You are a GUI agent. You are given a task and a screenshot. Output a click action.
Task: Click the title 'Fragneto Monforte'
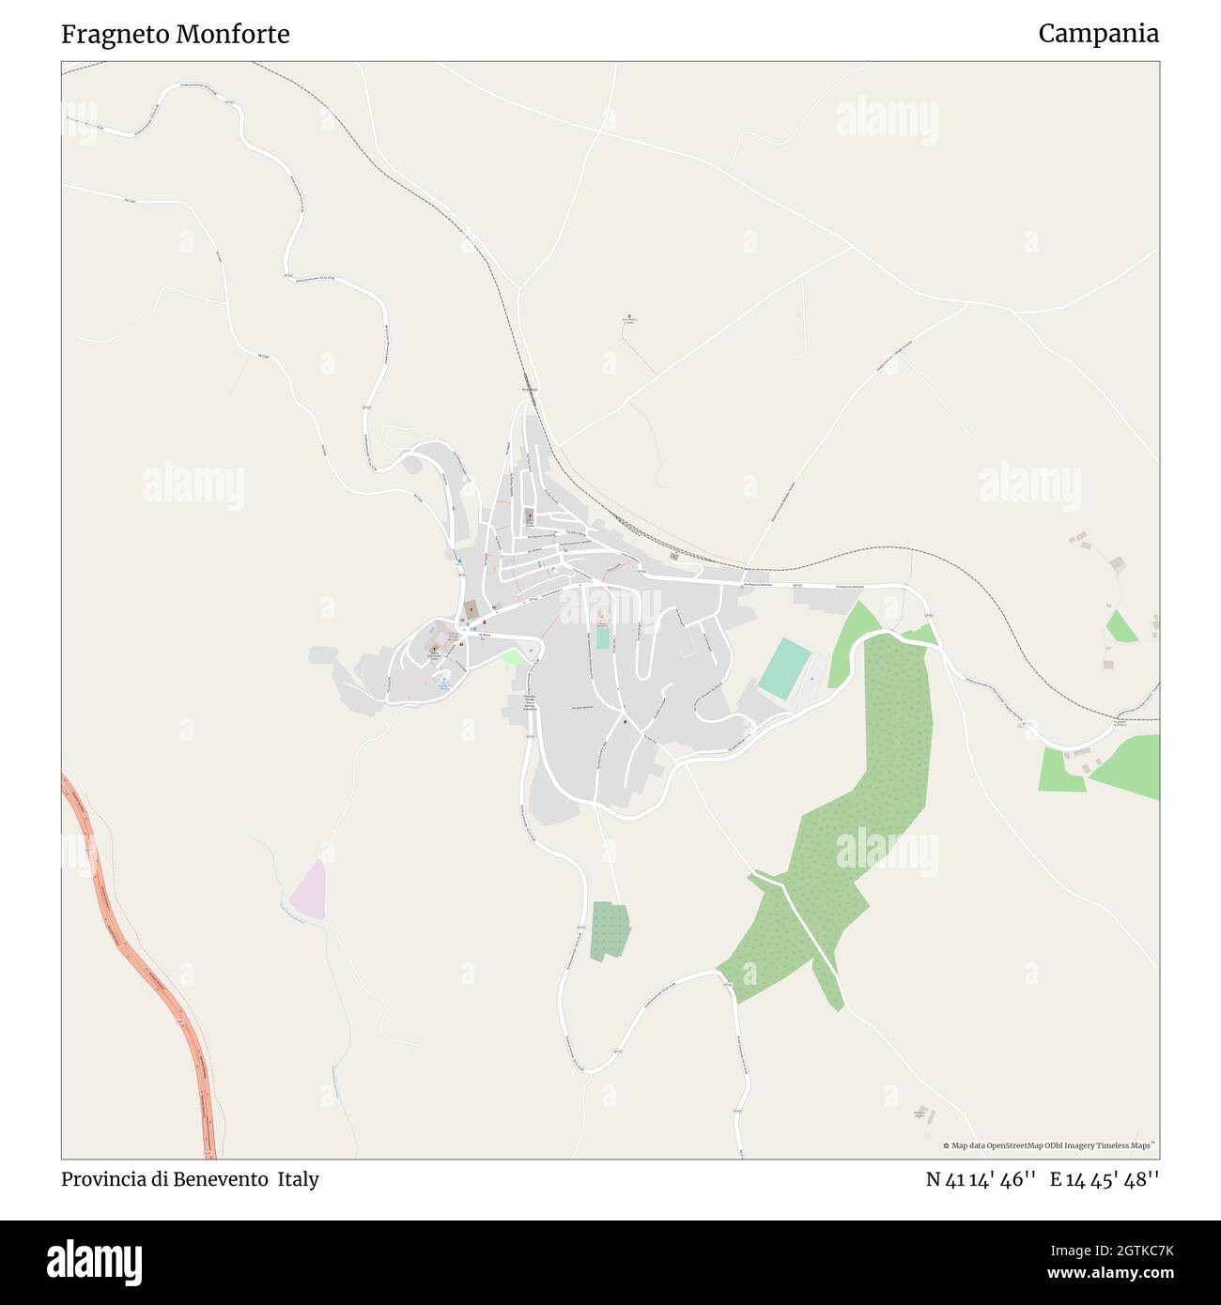pos(176,35)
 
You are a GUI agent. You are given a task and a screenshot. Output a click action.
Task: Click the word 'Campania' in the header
pos(1098,34)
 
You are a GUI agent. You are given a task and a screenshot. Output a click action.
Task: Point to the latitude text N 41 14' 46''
pos(981,1179)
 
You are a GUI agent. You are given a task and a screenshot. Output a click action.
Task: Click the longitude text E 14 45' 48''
pos(1105,1179)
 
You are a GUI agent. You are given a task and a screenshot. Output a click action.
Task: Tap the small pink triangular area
pos(310,890)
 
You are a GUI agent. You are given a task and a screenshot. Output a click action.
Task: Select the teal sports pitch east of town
pos(783,668)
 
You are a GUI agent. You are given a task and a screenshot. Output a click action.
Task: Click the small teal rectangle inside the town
pos(602,638)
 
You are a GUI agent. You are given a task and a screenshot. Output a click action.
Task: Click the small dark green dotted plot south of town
pos(610,929)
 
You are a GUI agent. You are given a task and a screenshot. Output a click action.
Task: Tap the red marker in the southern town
pos(626,722)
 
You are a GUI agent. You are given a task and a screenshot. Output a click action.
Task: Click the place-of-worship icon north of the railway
pos(629,316)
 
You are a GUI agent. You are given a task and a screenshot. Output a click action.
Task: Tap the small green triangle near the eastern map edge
pos(1121,627)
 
